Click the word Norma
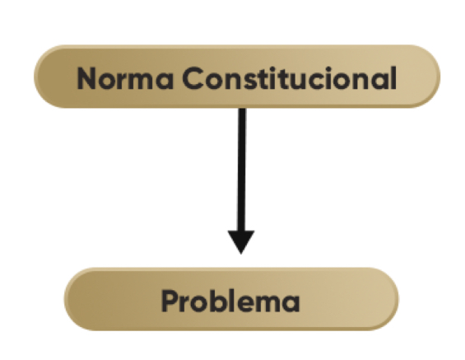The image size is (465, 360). coord(125,78)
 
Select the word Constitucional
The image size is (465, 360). coord(290,77)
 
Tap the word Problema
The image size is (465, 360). coord(230,301)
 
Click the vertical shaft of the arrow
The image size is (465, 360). coord(242,169)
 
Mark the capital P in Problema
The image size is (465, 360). coord(170,301)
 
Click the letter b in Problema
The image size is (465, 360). coord(216,301)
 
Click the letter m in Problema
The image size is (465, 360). coord(267,304)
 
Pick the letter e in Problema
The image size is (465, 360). coord(244,304)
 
